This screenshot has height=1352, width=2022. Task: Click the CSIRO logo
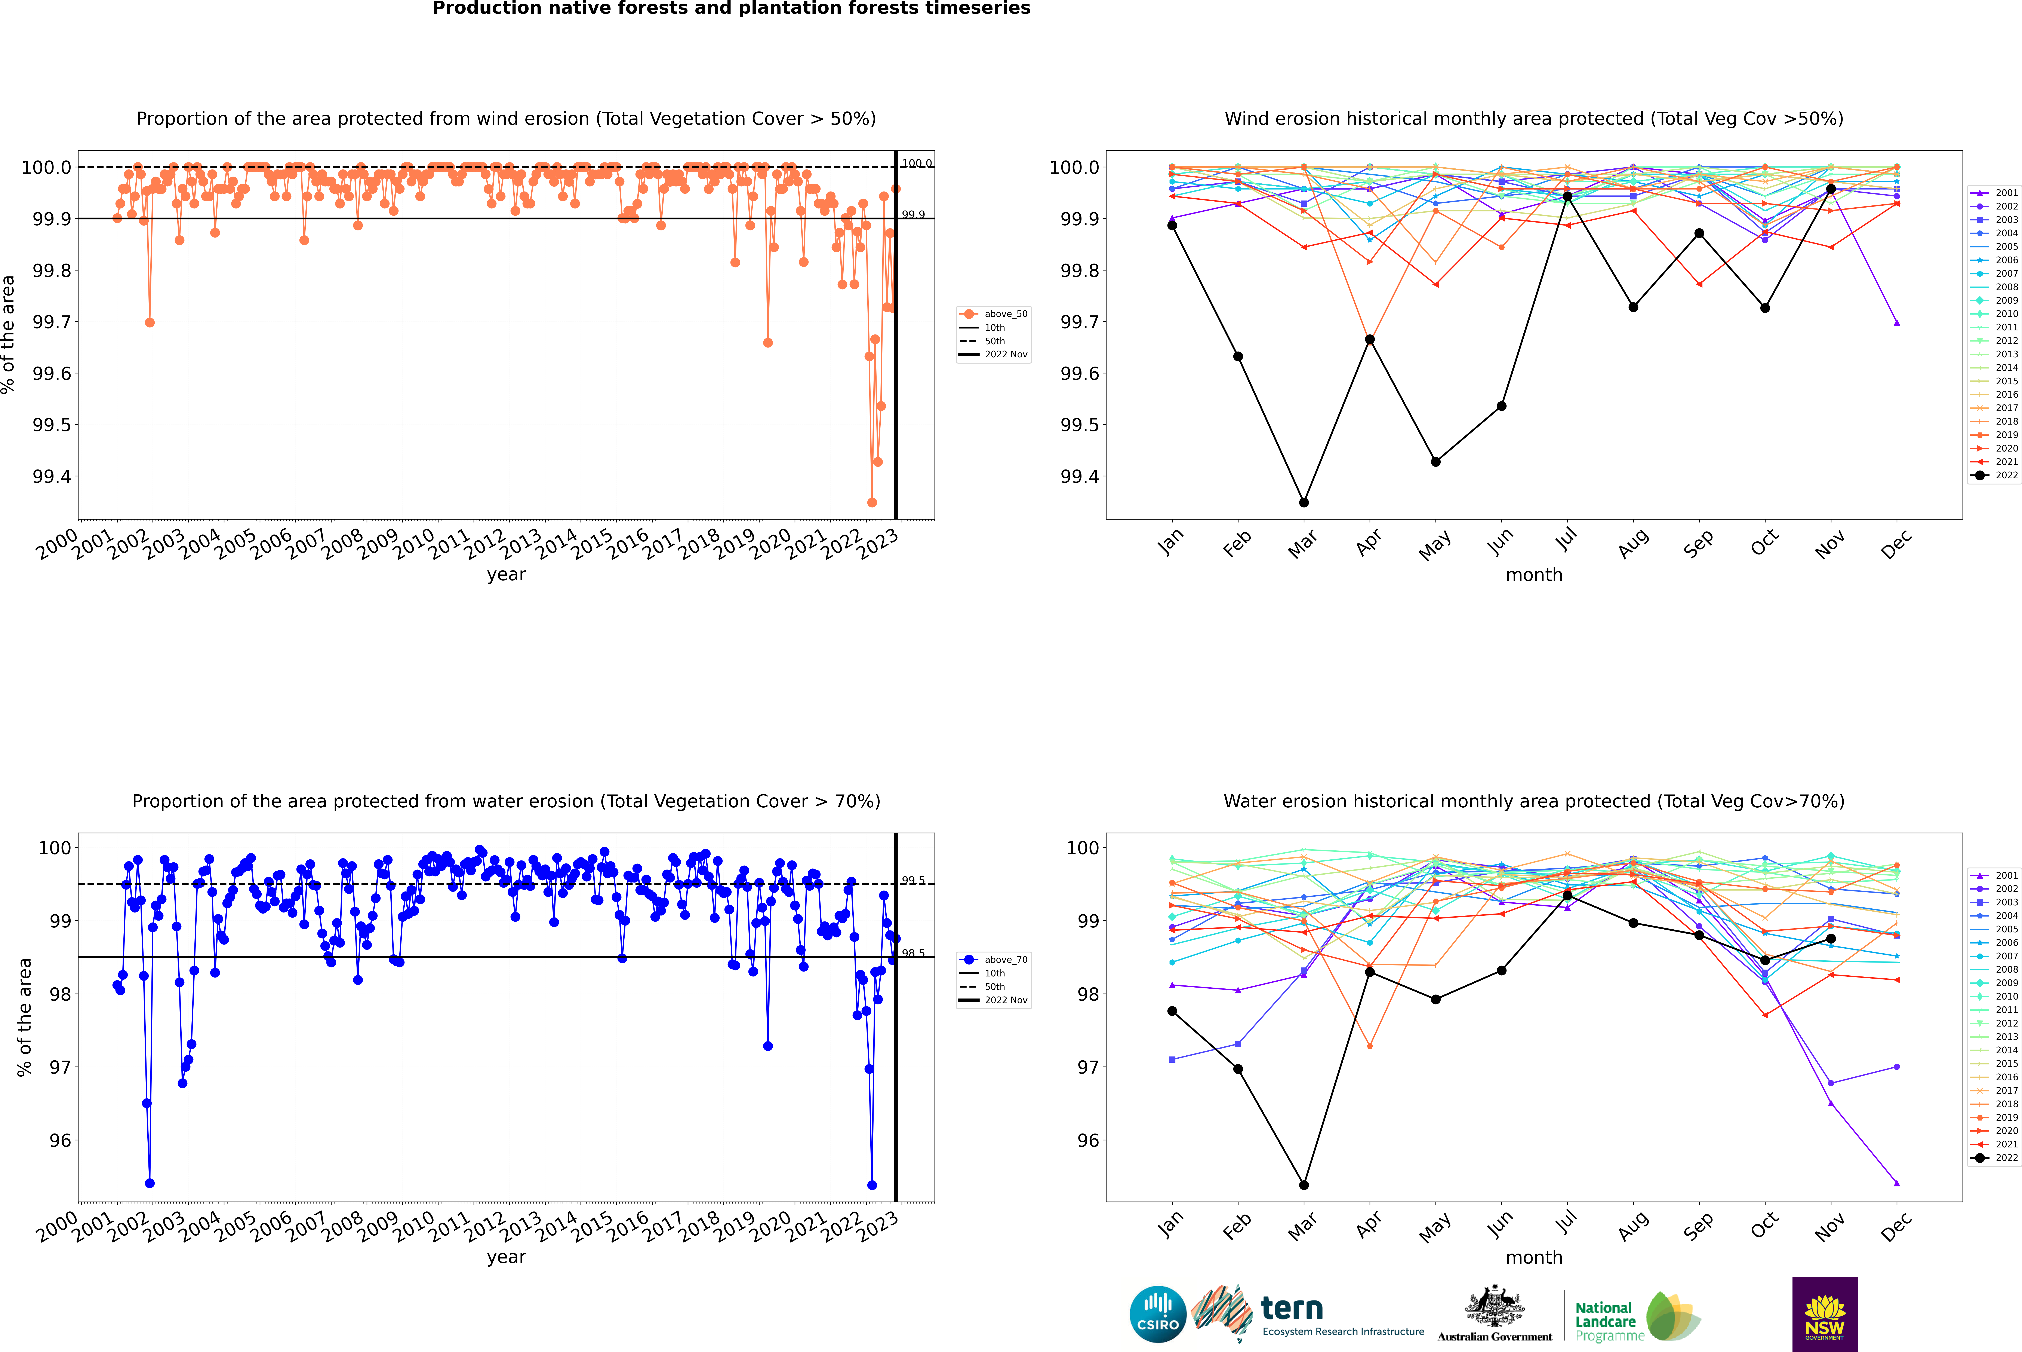pos(1158,1314)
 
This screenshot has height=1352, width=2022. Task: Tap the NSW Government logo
pos(1825,1314)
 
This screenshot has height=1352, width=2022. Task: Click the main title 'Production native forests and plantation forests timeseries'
pos(731,9)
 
